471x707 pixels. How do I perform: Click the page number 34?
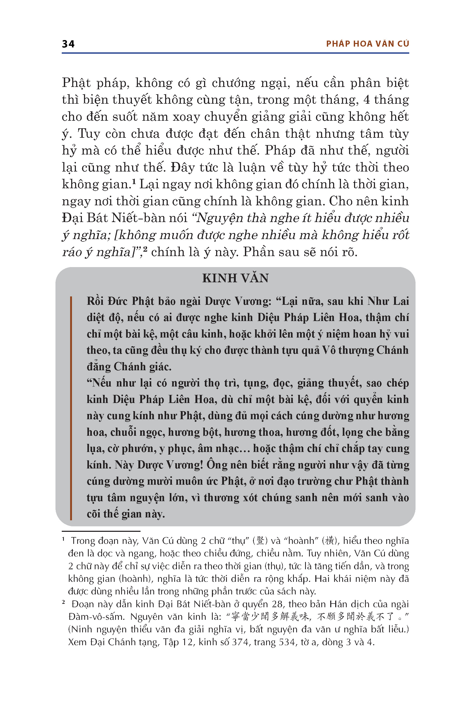pyautogui.click(x=68, y=44)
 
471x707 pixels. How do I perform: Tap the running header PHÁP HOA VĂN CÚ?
pyautogui.click(x=367, y=44)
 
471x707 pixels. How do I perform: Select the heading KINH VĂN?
pyautogui.click(x=235, y=278)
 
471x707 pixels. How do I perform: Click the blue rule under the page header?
pyautogui.click(x=235, y=53)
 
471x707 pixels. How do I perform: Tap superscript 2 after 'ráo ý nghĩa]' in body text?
pyautogui.click(x=145, y=249)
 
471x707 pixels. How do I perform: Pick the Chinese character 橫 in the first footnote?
pyautogui.click(x=330, y=541)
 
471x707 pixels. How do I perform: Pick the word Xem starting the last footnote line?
pyautogui.click(x=77, y=642)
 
